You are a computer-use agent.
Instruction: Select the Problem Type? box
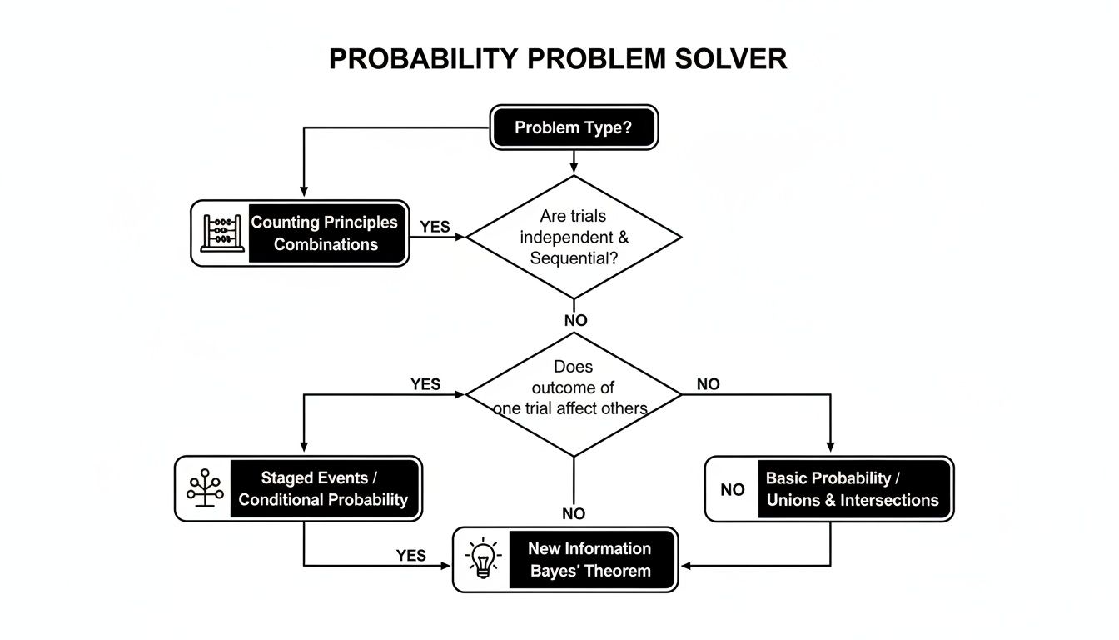pos(573,127)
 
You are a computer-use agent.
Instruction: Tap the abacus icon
pos(221,233)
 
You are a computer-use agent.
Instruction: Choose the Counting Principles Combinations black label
pos(326,233)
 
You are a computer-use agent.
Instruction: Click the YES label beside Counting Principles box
pos(435,227)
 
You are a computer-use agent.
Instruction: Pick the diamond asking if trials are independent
pos(573,237)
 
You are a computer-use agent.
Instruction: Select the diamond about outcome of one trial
pos(573,393)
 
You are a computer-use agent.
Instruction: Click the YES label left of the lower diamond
pos(425,384)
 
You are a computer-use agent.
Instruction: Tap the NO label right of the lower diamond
pos(708,384)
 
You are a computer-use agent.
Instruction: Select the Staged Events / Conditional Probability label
pos(324,488)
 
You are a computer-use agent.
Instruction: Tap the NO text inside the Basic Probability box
pos(733,490)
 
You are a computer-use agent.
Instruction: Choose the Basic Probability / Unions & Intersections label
pos(853,489)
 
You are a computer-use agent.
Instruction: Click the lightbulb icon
pos(483,559)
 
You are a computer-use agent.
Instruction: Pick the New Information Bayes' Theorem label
pos(589,560)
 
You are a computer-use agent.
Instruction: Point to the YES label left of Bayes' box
pos(410,556)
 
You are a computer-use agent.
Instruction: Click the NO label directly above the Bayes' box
pos(573,514)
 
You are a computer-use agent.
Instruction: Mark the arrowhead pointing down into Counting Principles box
pos(303,192)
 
